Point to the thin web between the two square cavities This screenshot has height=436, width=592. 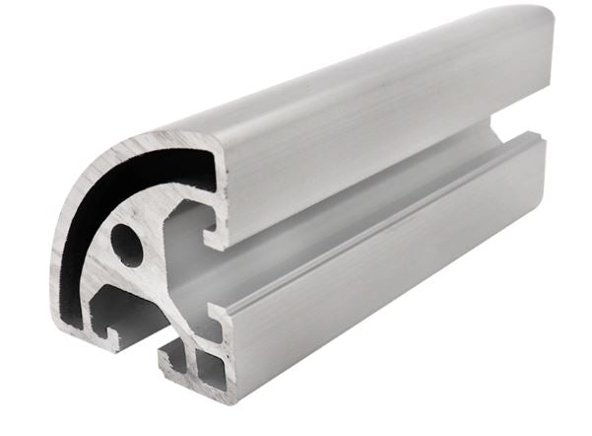click(195, 366)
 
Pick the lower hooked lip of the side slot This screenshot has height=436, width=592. click(211, 314)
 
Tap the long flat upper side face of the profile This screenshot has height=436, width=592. click(374, 138)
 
